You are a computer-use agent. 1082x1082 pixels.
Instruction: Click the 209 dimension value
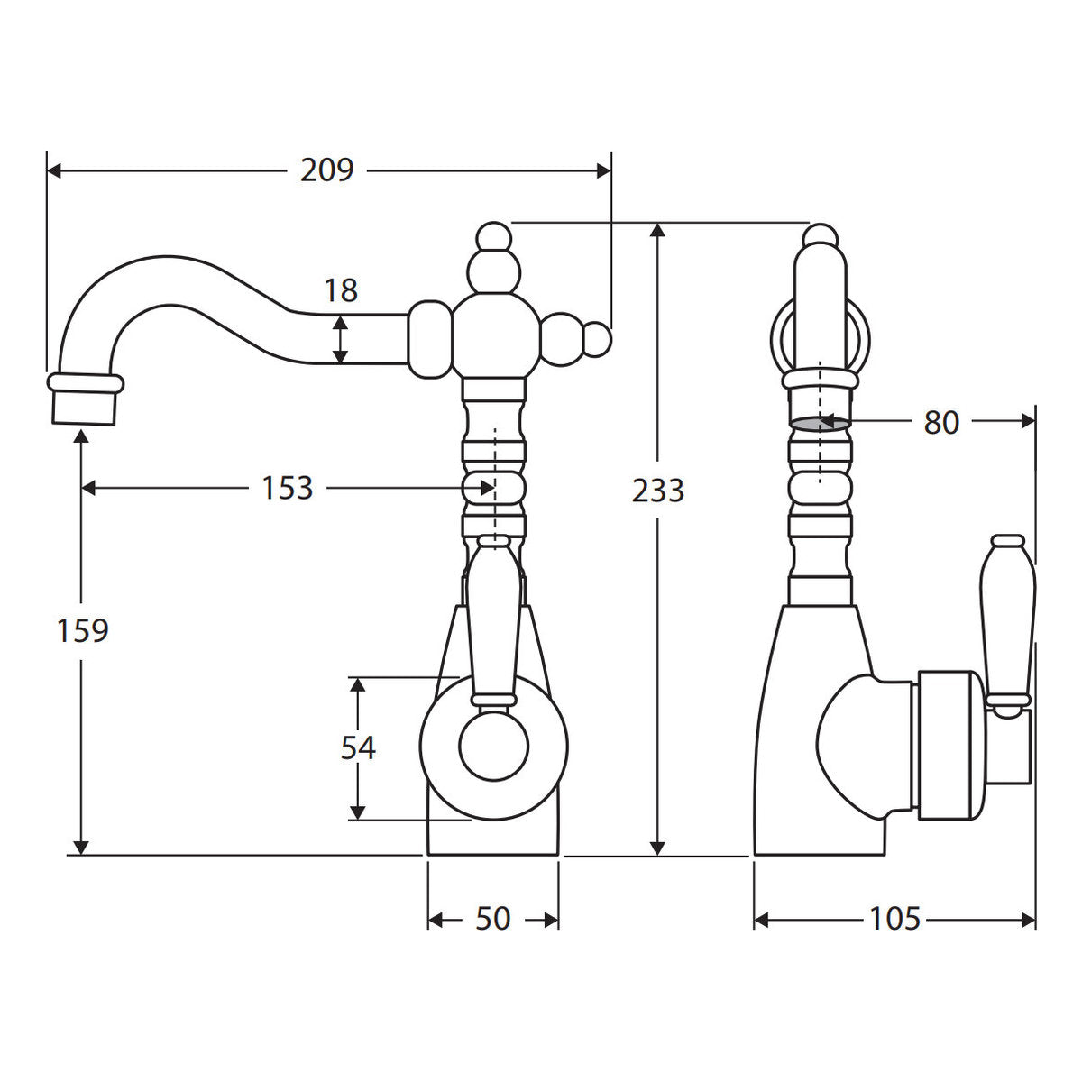click(326, 170)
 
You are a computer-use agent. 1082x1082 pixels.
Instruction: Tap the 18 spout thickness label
click(341, 290)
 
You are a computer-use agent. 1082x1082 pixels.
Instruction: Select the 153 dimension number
click(287, 488)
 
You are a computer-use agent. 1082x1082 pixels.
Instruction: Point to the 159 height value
click(83, 630)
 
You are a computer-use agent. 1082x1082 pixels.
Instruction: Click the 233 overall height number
click(657, 491)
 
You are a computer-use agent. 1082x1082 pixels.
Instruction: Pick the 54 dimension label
click(358, 747)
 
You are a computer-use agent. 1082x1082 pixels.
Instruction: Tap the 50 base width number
click(492, 919)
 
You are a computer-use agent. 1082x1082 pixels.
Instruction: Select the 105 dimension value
click(894, 919)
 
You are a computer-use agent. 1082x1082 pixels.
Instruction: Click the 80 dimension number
click(941, 423)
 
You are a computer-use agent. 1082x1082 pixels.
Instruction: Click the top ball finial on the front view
click(494, 236)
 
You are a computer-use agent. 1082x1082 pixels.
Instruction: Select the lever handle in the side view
click(1008, 624)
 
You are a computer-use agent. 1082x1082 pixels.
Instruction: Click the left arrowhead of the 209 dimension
click(54, 170)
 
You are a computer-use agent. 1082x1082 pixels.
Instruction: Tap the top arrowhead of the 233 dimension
click(657, 230)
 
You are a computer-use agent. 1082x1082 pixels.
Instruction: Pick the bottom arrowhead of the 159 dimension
click(82, 848)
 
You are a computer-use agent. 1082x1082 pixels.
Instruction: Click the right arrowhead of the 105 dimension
click(1028, 920)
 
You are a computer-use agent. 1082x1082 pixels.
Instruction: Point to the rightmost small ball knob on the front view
click(598, 340)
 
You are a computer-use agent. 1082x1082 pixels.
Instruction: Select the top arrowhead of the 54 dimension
click(358, 684)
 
